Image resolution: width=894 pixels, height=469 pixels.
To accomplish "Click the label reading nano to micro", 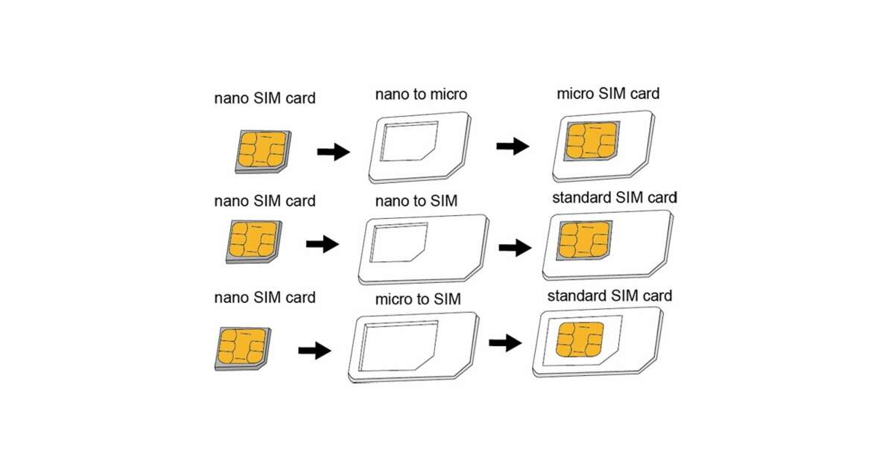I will tap(421, 95).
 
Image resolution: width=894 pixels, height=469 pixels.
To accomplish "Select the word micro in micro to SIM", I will tap(396, 299).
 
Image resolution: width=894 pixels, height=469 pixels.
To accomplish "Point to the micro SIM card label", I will tap(608, 94).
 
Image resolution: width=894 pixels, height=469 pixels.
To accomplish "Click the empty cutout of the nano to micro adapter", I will tap(408, 141).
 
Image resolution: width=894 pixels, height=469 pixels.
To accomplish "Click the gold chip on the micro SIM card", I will tap(592, 141).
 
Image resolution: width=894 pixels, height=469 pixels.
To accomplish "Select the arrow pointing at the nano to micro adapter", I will tap(333, 152).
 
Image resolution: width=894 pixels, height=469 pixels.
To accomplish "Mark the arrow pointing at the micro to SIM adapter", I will tap(314, 350).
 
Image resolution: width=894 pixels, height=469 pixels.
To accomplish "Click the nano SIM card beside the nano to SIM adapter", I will tap(253, 241).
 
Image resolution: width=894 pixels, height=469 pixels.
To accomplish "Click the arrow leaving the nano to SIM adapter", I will tap(515, 247).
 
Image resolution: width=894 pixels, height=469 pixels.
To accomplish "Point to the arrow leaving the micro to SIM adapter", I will tap(505, 342).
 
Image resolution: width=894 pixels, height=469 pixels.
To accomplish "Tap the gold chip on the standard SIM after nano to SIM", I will tap(583, 239).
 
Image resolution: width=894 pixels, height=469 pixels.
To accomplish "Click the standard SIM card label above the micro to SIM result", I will tap(609, 296).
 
